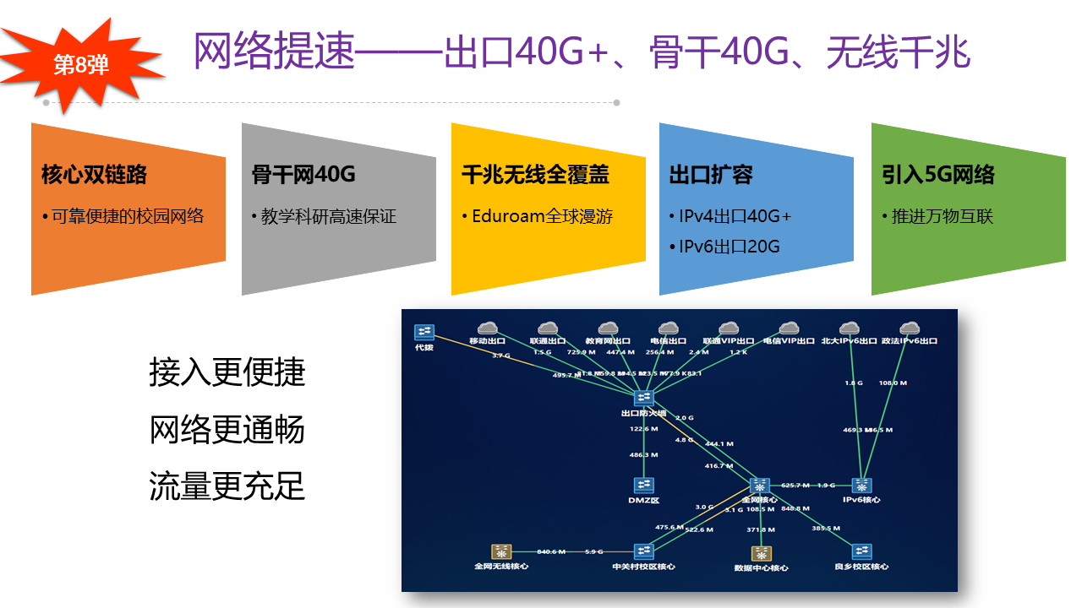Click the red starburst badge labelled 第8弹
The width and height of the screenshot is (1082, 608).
(x=81, y=65)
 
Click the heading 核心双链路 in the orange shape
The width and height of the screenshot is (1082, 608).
(x=94, y=175)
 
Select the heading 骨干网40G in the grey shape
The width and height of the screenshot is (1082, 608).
(x=303, y=175)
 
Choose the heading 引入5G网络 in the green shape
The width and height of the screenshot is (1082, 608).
(x=938, y=175)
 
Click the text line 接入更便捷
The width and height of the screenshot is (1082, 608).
(x=227, y=372)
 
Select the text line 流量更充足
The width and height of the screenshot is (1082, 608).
(x=227, y=486)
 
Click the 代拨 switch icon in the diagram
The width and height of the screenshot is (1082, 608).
(x=424, y=332)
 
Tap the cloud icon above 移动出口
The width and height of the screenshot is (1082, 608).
(x=487, y=328)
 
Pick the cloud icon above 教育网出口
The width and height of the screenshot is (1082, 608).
(x=608, y=328)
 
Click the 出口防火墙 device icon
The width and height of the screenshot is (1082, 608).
(x=644, y=398)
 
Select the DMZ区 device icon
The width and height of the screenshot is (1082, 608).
(x=644, y=485)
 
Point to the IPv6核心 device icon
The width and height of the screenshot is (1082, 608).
(x=861, y=486)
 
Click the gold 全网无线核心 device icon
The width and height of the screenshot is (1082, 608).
(x=501, y=551)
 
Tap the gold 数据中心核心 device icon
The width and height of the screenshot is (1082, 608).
(x=762, y=553)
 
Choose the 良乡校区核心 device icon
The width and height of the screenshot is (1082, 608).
(x=861, y=551)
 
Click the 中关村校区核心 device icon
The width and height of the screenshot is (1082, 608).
(x=644, y=551)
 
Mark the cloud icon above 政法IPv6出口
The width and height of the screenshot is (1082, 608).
(x=910, y=328)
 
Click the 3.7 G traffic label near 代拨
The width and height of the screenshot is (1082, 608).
(x=501, y=356)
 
